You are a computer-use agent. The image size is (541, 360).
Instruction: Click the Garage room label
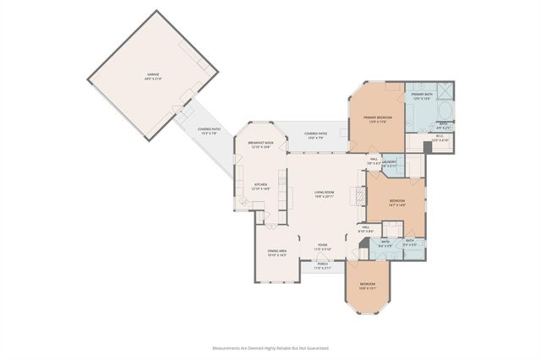[x=153, y=76]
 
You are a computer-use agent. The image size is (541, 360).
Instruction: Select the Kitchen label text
[x=260, y=186]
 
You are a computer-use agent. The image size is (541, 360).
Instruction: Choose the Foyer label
[x=322, y=247]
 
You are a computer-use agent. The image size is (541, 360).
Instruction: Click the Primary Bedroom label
[x=378, y=119]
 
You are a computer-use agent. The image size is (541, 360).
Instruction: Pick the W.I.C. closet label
[x=440, y=138]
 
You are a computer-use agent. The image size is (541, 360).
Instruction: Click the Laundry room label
[x=389, y=163]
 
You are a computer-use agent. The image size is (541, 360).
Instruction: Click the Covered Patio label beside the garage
[x=208, y=131]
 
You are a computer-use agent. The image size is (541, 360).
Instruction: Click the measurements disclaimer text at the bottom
[x=270, y=347]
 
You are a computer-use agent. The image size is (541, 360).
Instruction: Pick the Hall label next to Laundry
[x=373, y=161]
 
